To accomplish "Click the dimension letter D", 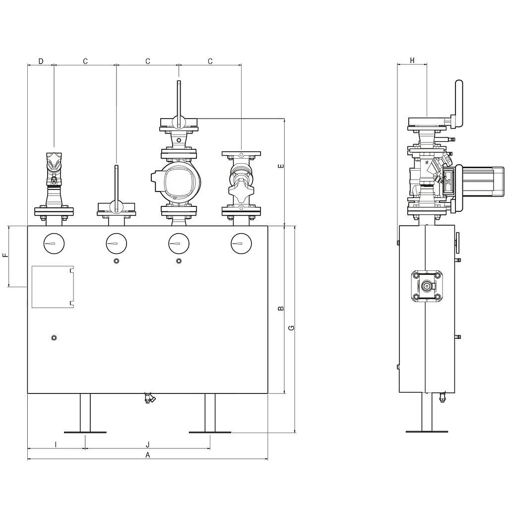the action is tap(41, 61).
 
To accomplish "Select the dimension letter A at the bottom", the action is tap(148, 455).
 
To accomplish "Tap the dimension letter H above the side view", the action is tap(412, 61).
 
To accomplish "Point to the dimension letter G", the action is tap(291, 328).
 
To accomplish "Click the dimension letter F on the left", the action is tap(5, 255).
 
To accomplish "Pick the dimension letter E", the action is tap(281, 166).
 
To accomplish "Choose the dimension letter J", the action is tap(148, 444).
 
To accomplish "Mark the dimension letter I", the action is tap(56, 444).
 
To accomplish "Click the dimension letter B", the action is tap(281, 309).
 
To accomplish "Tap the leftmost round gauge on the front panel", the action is tap(54, 244).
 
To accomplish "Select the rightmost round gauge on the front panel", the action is tap(242, 244).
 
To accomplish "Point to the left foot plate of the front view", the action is tap(85, 432).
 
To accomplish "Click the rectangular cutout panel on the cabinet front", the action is tap(53, 287).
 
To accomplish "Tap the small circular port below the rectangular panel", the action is tap(54, 338).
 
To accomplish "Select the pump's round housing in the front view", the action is tap(179, 182).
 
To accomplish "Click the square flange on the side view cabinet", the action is tap(427, 286).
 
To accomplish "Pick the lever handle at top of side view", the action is tap(458, 104).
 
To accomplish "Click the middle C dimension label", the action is tap(148, 61).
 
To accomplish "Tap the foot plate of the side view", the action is tap(427, 432).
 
